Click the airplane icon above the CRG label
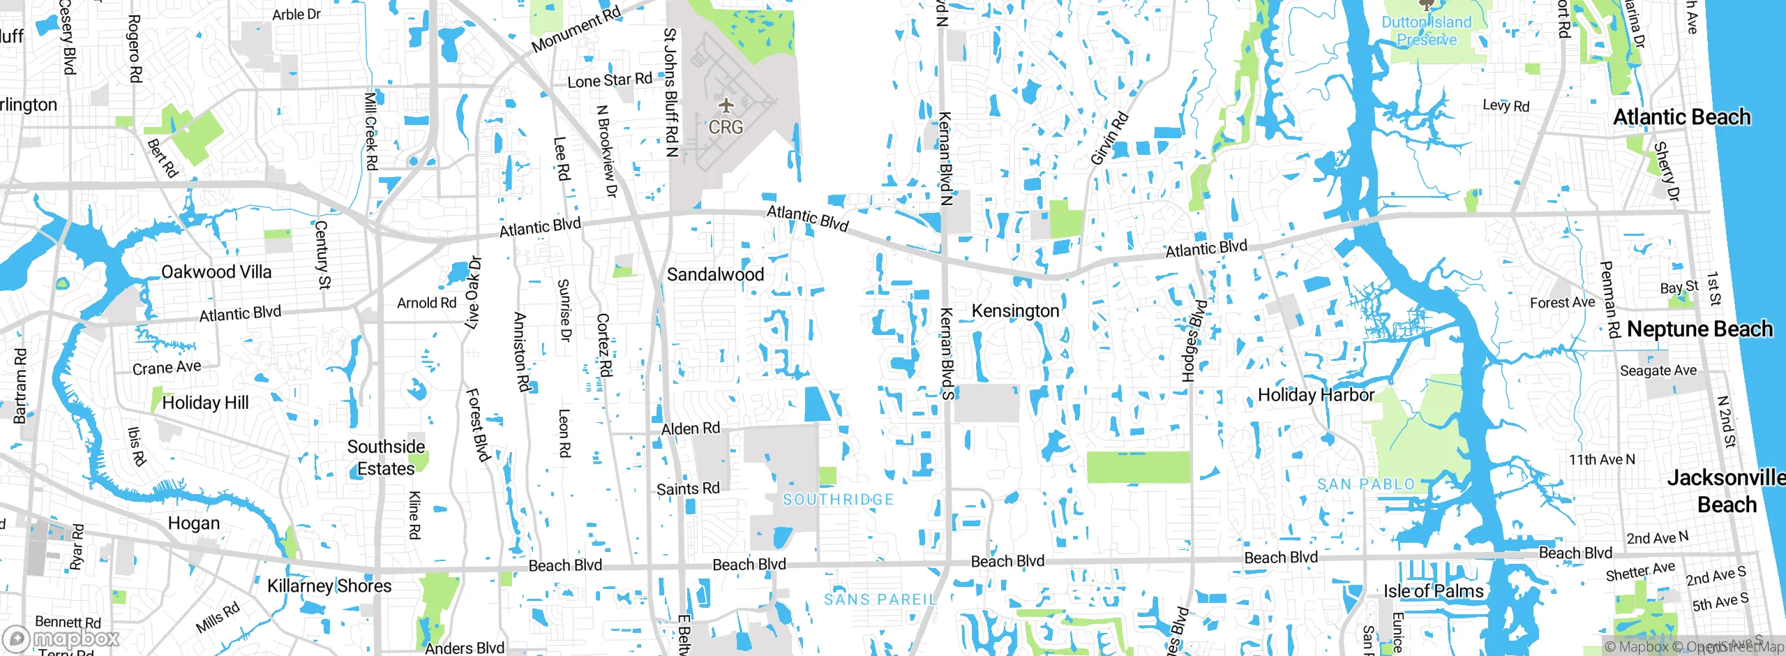tap(726, 106)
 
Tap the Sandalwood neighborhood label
tap(715, 275)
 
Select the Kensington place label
tap(1015, 311)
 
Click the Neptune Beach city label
tap(1699, 329)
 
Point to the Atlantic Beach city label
tap(1681, 117)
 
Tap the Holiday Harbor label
tap(1316, 396)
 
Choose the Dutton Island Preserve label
tap(1427, 31)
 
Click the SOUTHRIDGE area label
tap(838, 500)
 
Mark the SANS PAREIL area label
tap(880, 599)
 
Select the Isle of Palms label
tap(1434, 592)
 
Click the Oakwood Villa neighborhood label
tap(216, 272)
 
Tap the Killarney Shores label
tap(329, 586)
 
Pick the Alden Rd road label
tap(690, 428)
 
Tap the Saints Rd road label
tap(688, 489)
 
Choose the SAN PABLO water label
tap(1365, 484)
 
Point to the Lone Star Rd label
tap(609, 81)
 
